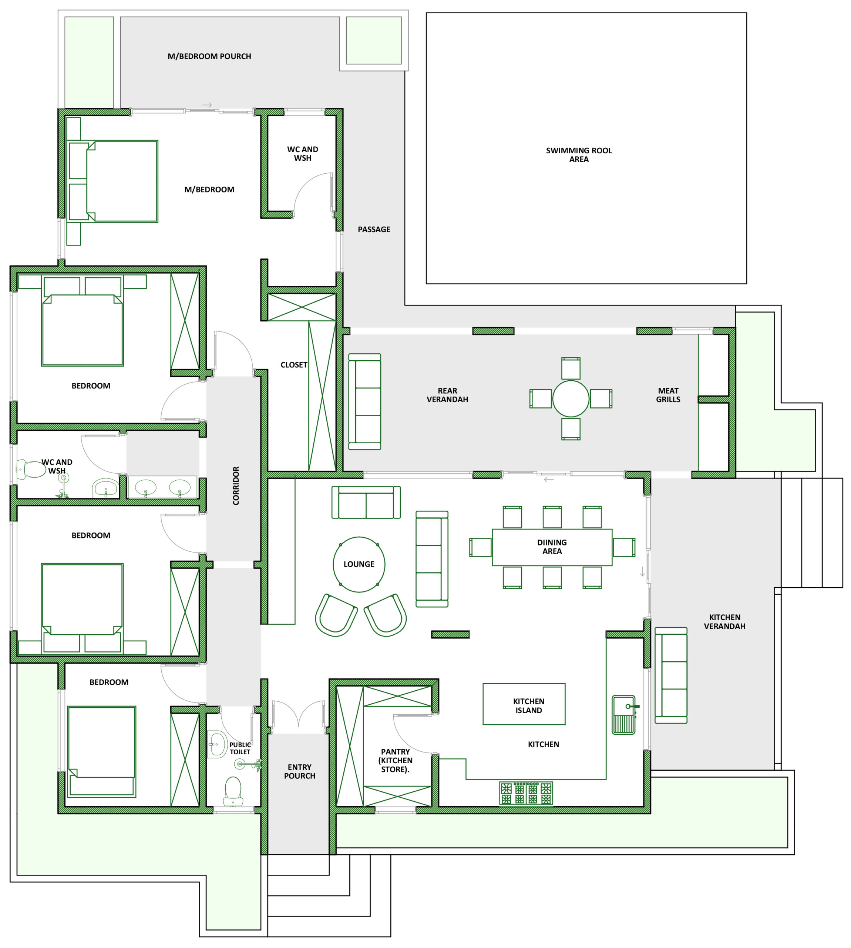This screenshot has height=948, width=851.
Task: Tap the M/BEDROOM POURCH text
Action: coord(209,56)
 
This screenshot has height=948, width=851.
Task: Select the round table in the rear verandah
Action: coord(571,399)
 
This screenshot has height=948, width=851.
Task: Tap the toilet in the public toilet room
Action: coord(233,790)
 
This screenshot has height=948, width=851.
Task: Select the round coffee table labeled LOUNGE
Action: coord(359,564)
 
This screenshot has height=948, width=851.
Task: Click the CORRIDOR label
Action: coord(236,486)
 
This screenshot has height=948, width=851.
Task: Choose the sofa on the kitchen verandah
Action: coord(671,675)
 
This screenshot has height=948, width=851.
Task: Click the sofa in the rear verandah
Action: coord(365,401)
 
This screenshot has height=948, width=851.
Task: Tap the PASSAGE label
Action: coord(374,229)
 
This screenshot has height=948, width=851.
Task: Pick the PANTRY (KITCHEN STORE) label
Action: coord(395,760)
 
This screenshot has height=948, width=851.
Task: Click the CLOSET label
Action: coord(294,364)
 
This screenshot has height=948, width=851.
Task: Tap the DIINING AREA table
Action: coord(552,547)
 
